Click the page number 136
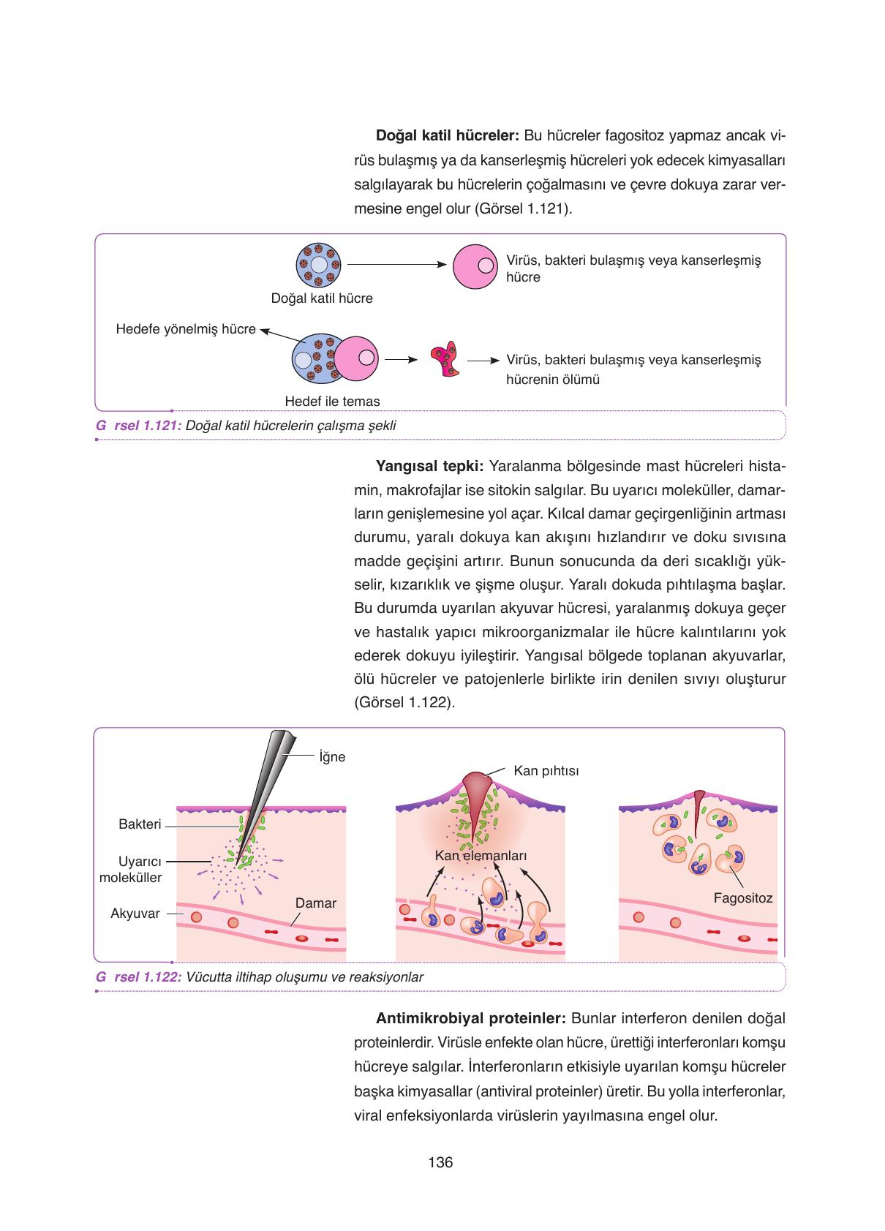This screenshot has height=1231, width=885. (x=441, y=1162)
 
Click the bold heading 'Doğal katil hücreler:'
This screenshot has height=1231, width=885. (x=447, y=136)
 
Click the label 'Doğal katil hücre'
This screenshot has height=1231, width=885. (x=322, y=298)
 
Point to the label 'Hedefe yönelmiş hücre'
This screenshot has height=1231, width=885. (x=186, y=329)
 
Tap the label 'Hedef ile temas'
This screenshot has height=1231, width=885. (x=332, y=401)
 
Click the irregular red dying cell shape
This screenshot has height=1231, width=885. (x=444, y=359)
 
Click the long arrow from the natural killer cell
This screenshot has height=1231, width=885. (x=396, y=265)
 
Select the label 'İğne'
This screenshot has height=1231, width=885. (x=332, y=757)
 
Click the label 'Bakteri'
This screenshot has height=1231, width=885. (x=140, y=824)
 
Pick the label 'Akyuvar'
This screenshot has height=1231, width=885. (x=135, y=913)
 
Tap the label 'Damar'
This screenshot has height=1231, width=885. (x=315, y=903)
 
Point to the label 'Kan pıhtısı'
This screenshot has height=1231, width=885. (x=546, y=771)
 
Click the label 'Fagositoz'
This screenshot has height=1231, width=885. (x=743, y=898)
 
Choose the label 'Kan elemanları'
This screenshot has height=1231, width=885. (x=481, y=856)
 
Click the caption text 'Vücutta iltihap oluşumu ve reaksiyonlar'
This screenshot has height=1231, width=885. (x=305, y=977)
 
